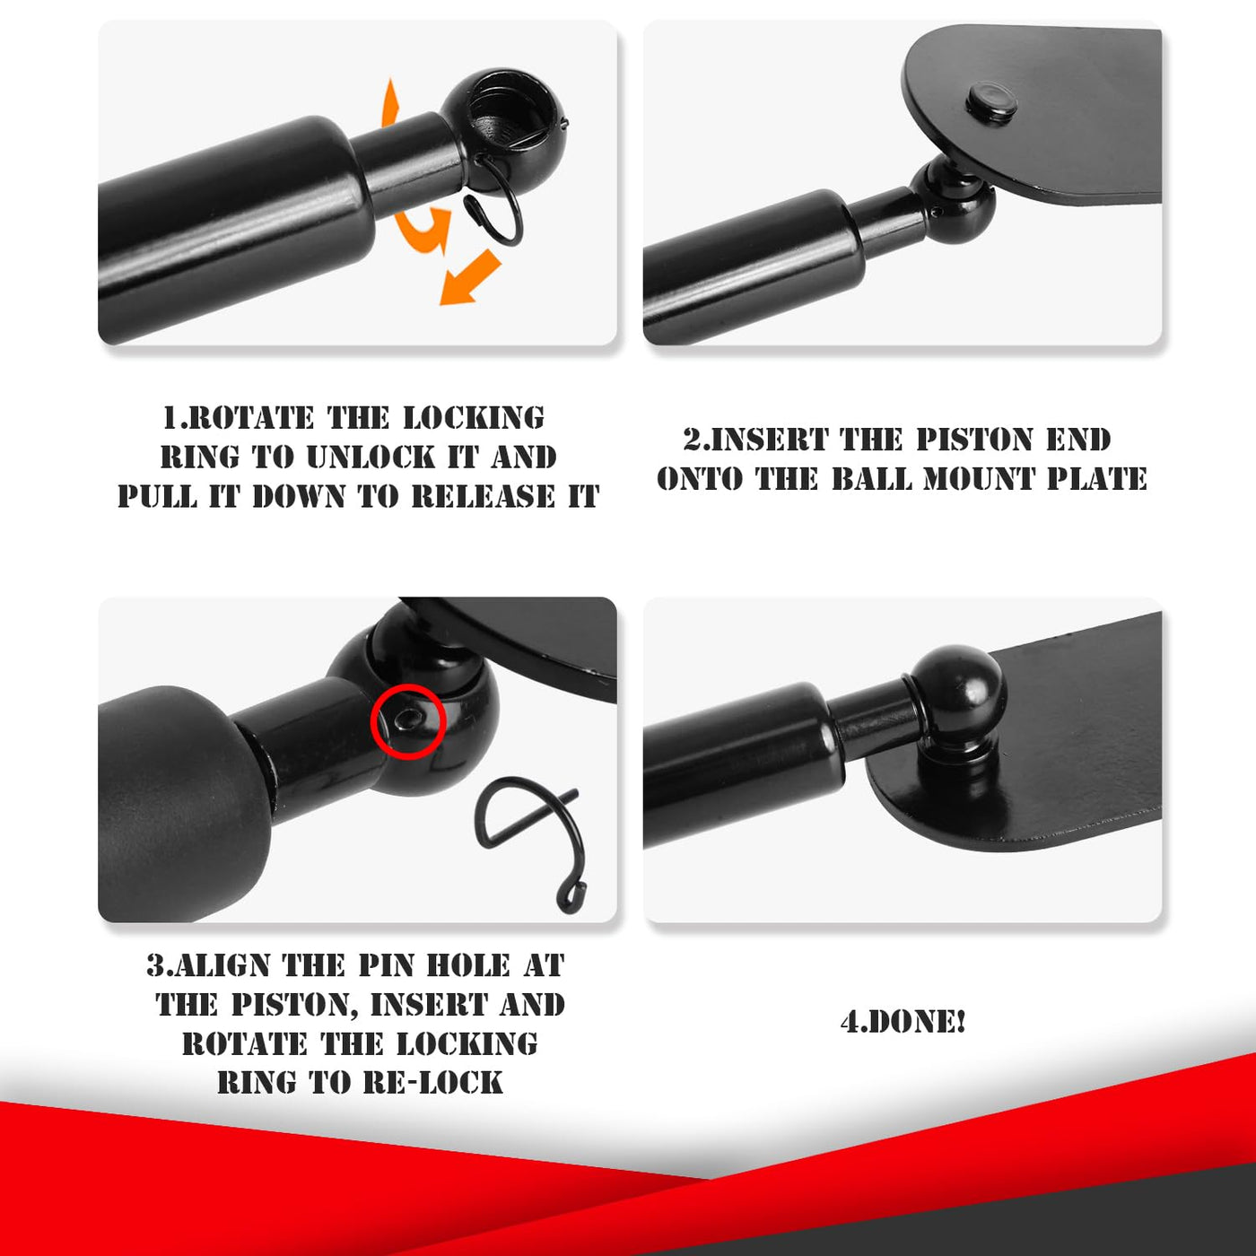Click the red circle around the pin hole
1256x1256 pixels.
pyautogui.click(x=371, y=722)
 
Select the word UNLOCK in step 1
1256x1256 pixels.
pyautogui.click(x=371, y=458)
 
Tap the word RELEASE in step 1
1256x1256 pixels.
pyautogui.click(x=483, y=497)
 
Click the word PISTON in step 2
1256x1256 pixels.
pyautogui.click(x=974, y=440)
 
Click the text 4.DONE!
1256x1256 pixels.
pyautogui.click(x=903, y=1022)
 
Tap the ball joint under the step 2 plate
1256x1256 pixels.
pyautogui.click(x=955, y=202)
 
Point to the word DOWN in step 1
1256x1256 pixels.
pyautogui.click(x=299, y=497)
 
